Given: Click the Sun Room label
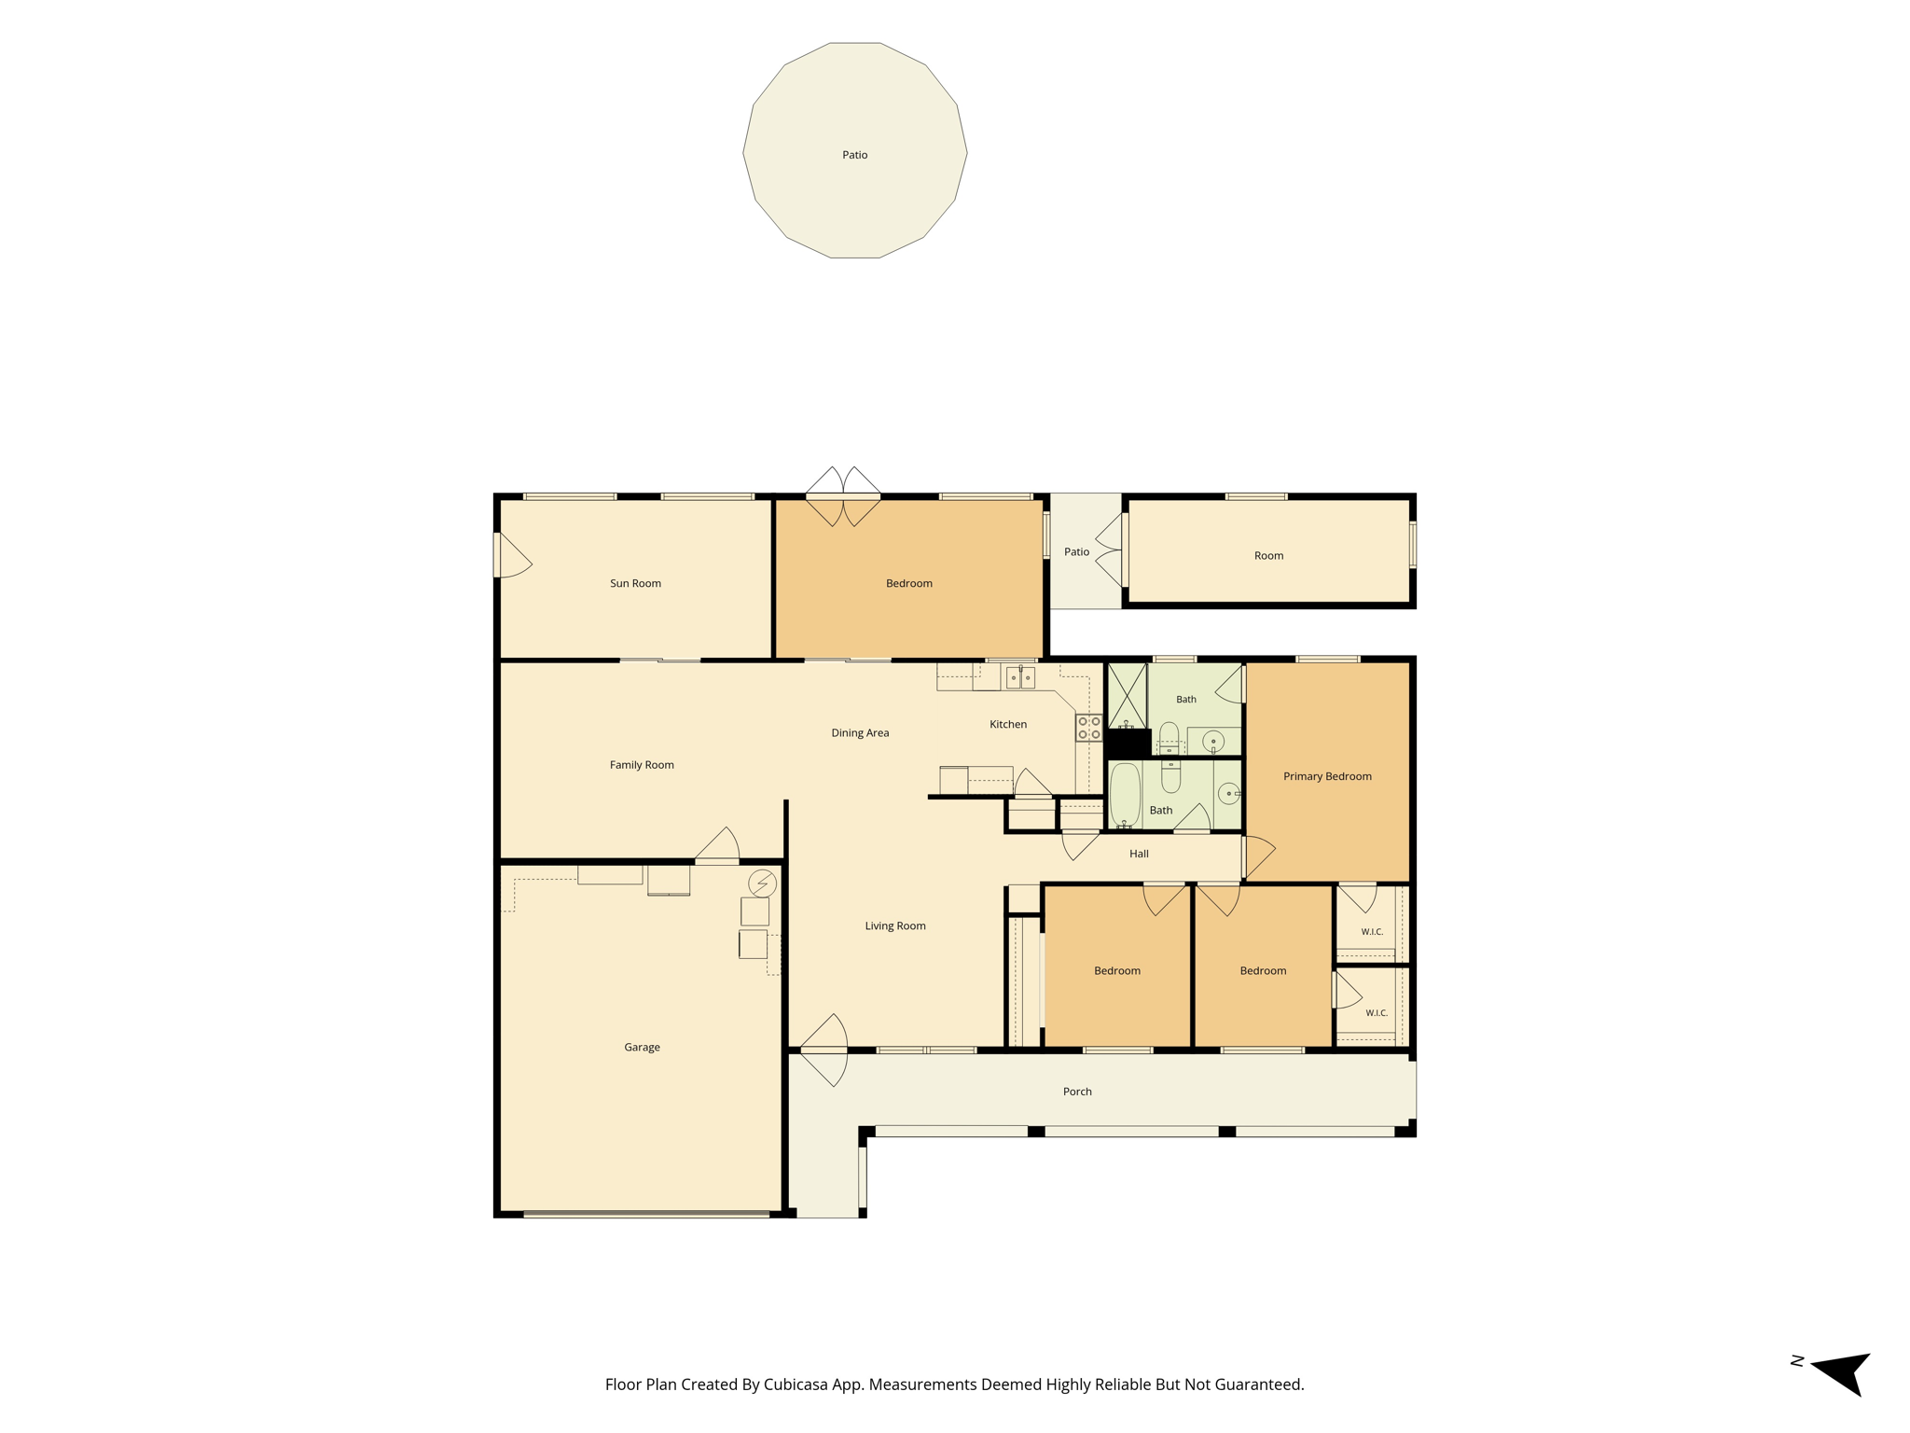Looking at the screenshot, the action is click(635, 583).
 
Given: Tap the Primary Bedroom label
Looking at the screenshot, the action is click(1327, 776).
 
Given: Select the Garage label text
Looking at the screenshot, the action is click(642, 1047).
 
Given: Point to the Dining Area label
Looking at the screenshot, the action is click(860, 732).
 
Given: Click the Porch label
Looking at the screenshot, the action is click(1077, 1091).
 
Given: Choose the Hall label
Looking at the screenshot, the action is click(1139, 854).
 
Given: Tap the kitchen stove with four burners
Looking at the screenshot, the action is click(1089, 728).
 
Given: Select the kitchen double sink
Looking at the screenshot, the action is click(1020, 677).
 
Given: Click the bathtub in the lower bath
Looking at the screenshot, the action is click(1125, 796).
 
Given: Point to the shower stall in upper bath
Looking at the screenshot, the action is click(1127, 695).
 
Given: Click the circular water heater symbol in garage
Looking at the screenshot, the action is click(762, 883).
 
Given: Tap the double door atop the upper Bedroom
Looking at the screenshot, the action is click(843, 496).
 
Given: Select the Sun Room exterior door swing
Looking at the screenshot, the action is click(511, 555).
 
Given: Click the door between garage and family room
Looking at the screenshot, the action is click(718, 844).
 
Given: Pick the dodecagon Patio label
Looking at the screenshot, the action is click(854, 155).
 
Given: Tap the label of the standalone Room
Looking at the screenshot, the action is click(1268, 555).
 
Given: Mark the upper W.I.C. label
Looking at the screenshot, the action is click(1372, 932).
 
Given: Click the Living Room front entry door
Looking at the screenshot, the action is click(824, 1050).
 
